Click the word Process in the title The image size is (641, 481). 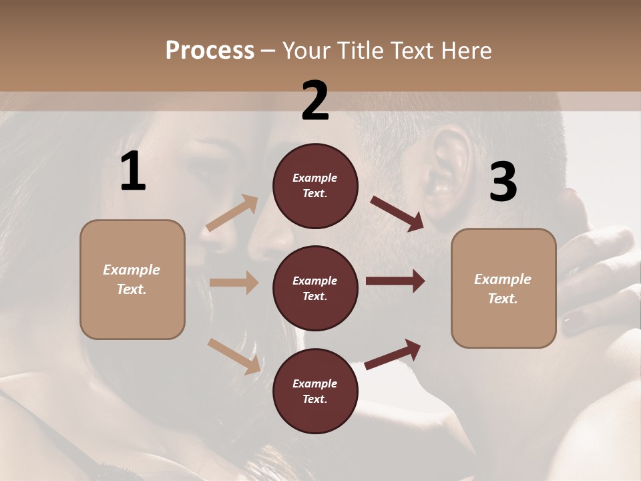(210, 50)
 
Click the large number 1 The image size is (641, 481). (133, 172)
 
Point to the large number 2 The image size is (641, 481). (315, 101)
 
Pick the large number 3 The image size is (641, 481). (503, 182)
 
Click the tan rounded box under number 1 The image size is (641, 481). (132, 279)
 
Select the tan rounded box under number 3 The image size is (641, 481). (503, 289)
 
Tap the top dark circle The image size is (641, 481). (315, 186)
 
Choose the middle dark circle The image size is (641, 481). (315, 289)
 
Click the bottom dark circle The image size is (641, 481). (315, 391)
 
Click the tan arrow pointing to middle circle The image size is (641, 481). (234, 283)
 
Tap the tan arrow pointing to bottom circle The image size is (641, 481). (234, 356)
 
